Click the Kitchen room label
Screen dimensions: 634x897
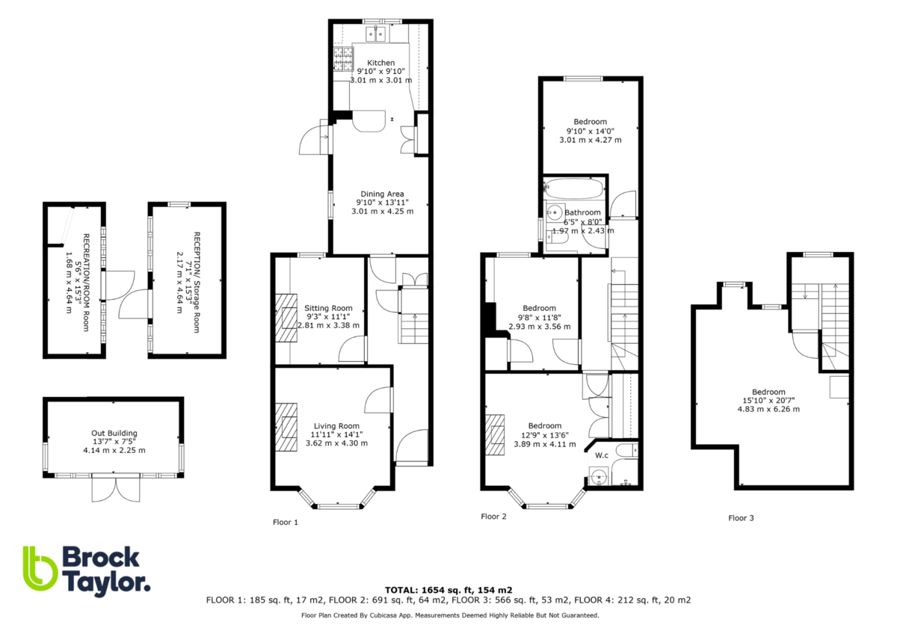(x=380, y=63)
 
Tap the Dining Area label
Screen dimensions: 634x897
(x=382, y=194)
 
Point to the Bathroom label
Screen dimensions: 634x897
(x=582, y=212)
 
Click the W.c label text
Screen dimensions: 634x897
(x=602, y=455)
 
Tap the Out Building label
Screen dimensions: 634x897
(x=114, y=433)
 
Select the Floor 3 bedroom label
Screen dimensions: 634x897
(x=768, y=392)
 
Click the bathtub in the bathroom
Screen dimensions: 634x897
(x=574, y=187)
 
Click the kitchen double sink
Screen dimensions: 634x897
(x=375, y=33)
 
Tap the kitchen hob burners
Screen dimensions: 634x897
(x=342, y=55)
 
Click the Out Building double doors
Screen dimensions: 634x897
(x=115, y=490)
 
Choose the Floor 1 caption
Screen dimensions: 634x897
(x=285, y=522)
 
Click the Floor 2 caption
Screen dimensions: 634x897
(x=493, y=517)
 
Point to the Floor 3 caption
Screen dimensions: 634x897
(x=741, y=517)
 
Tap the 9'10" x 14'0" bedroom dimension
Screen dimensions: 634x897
(x=590, y=131)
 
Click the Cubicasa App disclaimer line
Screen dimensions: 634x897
(x=449, y=615)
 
